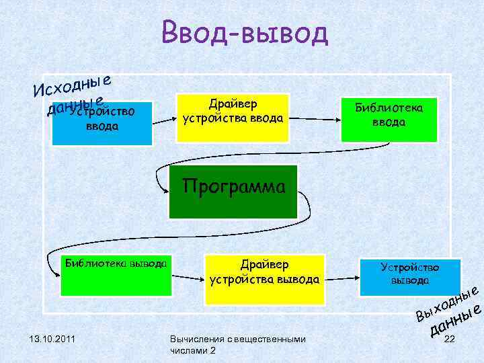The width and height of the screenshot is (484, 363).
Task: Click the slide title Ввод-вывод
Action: pyautogui.click(x=244, y=33)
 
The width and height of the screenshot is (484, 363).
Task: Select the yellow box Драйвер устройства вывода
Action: pyautogui.click(x=264, y=276)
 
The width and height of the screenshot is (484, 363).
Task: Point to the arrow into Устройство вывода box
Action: pyautogui.click(x=343, y=276)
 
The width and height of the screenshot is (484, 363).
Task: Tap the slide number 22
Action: pyautogui.click(x=451, y=339)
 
